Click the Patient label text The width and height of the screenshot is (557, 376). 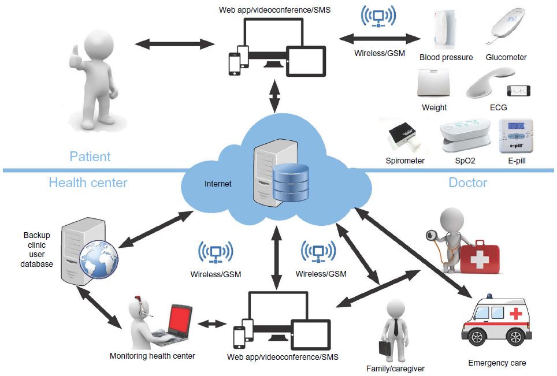pyautogui.click(x=90, y=157)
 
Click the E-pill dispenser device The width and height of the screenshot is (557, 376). pyautogui.click(x=516, y=136)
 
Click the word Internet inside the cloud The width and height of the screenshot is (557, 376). pyautogui.click(x=218, y=184)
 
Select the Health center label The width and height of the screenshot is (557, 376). pyautogui.click(x=88, y=183)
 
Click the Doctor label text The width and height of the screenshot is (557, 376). pyautogui.click(x=467, y=183)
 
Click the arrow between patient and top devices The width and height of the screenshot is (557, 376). pyautogui.click(x=174, y=43)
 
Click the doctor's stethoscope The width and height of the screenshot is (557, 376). pyautogui.click(x=432, y=236)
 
